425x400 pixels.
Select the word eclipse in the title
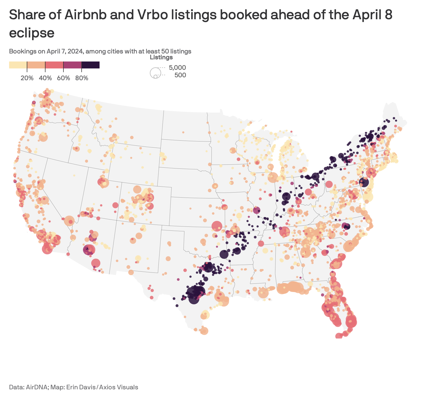tap(32, 33)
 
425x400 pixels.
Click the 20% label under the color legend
tap(27, 78)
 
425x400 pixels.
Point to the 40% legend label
tap(45, 78)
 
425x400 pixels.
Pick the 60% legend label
tap(63, 78)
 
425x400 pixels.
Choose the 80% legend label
tap(82, 78)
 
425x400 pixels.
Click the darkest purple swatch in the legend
tap(90, 65)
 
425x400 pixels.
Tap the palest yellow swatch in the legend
tap(18, 65)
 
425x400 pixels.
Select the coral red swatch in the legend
tap(54, 65)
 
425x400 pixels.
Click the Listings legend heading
tap(161, 57)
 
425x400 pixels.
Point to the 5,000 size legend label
tap(177, 68)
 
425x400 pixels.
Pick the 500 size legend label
tap(180, 75)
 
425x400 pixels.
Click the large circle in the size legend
tap(155, 73)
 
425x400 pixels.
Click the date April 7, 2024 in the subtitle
tap(64, 51)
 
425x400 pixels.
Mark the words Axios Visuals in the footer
tap(119, 387)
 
